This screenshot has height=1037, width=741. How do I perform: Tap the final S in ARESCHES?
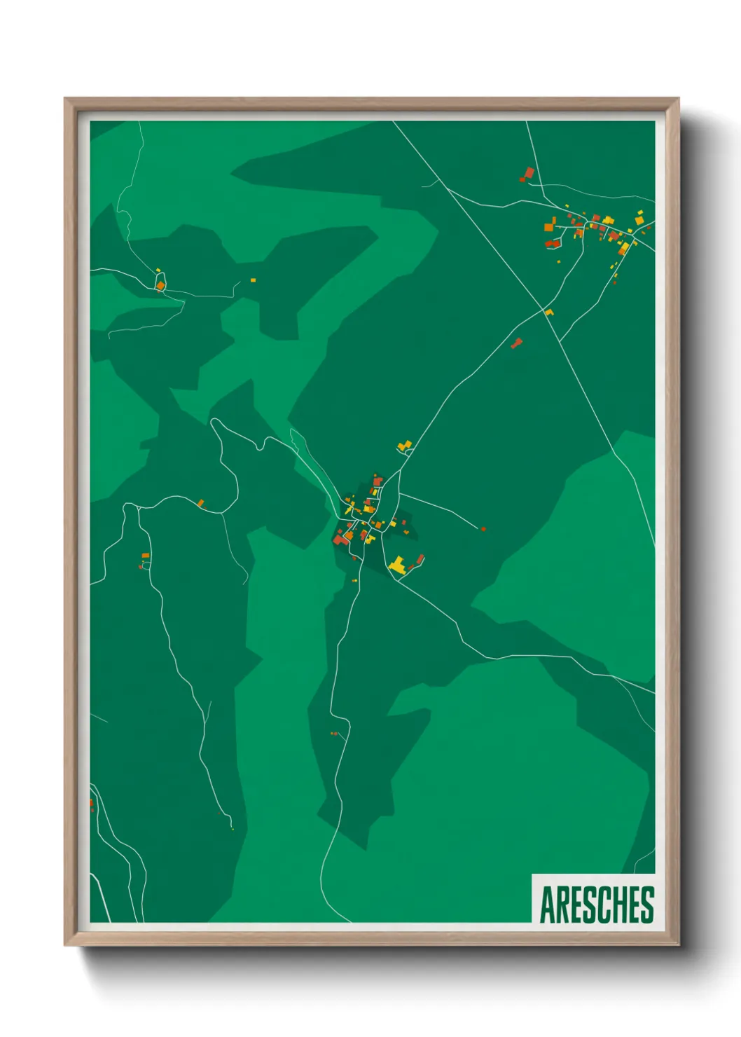tap(647, 905)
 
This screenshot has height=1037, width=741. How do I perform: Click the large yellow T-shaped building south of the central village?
tap(398, 565)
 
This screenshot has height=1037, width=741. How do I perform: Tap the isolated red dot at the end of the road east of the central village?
tap(483, 529)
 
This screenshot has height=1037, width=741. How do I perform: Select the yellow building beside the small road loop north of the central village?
tap(403, 445)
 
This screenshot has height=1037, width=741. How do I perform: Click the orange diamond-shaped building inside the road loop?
tap(160, 285)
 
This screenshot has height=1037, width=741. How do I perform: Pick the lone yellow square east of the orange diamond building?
tap(253, 280)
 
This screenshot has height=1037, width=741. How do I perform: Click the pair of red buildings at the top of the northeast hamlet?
tap(527, 173)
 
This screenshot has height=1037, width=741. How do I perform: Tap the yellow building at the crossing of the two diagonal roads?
tap(549, 313)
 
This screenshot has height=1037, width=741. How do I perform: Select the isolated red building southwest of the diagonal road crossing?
tap(517, 343)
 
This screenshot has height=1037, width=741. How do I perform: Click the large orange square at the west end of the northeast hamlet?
tap(550, 227)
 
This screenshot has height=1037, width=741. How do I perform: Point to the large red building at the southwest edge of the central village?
tap(340, 539)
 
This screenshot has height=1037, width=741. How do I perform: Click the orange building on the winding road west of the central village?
tap(200, 503)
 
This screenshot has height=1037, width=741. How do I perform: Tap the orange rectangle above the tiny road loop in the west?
tap(146, 556)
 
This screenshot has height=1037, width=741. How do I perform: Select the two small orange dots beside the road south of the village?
tap(334, 734)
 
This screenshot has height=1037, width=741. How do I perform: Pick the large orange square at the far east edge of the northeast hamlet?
tap(639, 221)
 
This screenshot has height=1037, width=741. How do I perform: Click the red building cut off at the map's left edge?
tap(91, 804)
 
